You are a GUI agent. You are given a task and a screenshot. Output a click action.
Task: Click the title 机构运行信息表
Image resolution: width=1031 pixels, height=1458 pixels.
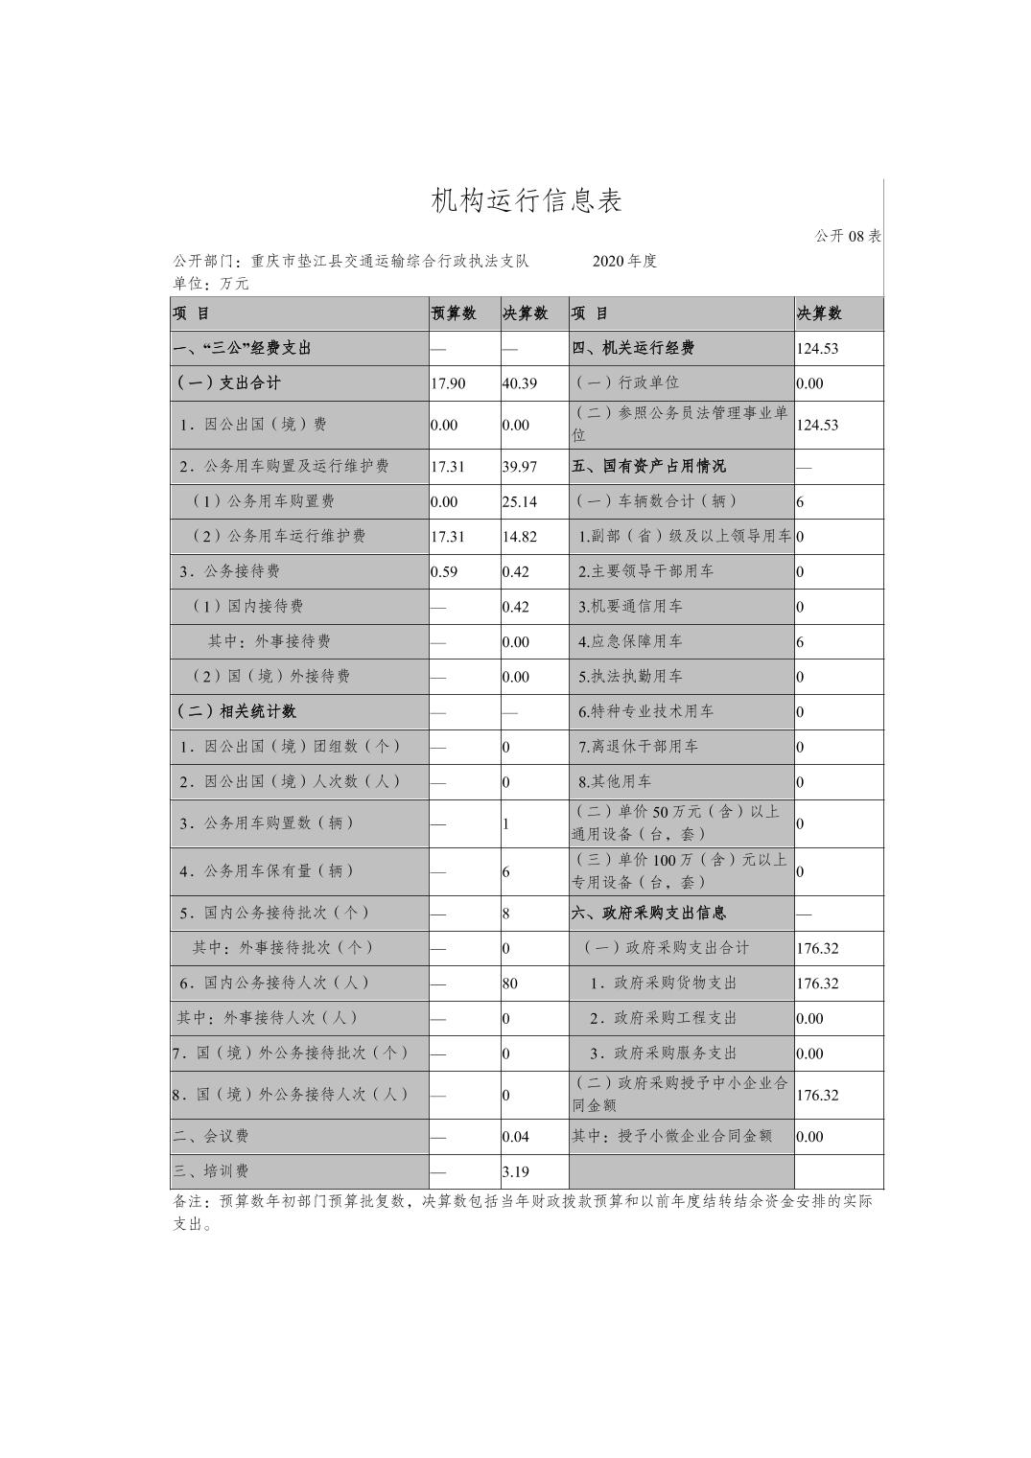pyautogui.click(x=527, y=200)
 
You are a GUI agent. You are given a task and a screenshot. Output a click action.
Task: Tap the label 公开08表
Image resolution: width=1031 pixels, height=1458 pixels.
pyautogui.click(x=848, y=236)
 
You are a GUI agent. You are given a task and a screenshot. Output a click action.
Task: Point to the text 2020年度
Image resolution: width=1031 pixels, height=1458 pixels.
pyautogui.click(x=624, y=261)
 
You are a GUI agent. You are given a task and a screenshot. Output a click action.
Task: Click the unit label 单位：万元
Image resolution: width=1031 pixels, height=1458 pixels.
pyautogui.click(x=210, y=284)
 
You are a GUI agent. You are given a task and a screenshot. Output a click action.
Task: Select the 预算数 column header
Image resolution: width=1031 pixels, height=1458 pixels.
pyautogui.click(x=454, y=313)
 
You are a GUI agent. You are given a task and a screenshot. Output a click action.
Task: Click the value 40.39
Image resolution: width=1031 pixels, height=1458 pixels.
pyautogui.click(x=519, y=383)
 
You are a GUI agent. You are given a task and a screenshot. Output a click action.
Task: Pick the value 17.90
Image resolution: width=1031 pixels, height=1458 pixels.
pyautogui.click(x=448, y=383)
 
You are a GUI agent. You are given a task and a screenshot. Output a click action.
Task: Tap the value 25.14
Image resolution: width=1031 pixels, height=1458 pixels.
pyautogui.click(x=519, y=501)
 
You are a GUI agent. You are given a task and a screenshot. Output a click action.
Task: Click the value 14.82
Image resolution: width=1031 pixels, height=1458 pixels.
pyautogui.click(x=519, y=537)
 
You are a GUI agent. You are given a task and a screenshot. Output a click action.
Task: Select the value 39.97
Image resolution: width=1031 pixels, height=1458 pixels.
pyautogui.click(x=519, y=467)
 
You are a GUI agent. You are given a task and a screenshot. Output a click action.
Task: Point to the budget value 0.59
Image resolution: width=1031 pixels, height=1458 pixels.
pyautogui.click(x=444, y=571)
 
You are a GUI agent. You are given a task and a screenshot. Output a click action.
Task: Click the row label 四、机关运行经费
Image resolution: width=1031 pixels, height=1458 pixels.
pyautogui.click(x=633, y=348)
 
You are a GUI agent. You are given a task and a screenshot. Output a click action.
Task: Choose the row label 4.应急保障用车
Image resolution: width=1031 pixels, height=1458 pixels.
pyautogui.click(x=630, y=641)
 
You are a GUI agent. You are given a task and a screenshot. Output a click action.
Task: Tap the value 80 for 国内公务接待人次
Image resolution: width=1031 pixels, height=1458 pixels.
pyautogui.click(x=510, y=984)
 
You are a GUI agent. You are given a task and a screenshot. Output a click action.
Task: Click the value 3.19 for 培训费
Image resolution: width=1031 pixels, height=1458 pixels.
pyautogui.click(x=515, y=1171)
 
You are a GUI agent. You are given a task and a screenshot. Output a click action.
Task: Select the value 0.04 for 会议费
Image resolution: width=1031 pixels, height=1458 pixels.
pyautogui.click(x=515, y=1137)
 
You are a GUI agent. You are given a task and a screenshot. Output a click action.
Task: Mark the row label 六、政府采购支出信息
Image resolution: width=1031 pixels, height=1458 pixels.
pyautogui.click(x=648, y=914)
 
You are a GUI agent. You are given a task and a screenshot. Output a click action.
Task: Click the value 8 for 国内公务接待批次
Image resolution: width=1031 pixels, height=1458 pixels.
pyautogui.click(x=506, y=914)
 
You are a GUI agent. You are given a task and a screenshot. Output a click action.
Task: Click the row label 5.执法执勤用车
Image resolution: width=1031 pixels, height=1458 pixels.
pyautogui.click(x=630, y=677)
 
